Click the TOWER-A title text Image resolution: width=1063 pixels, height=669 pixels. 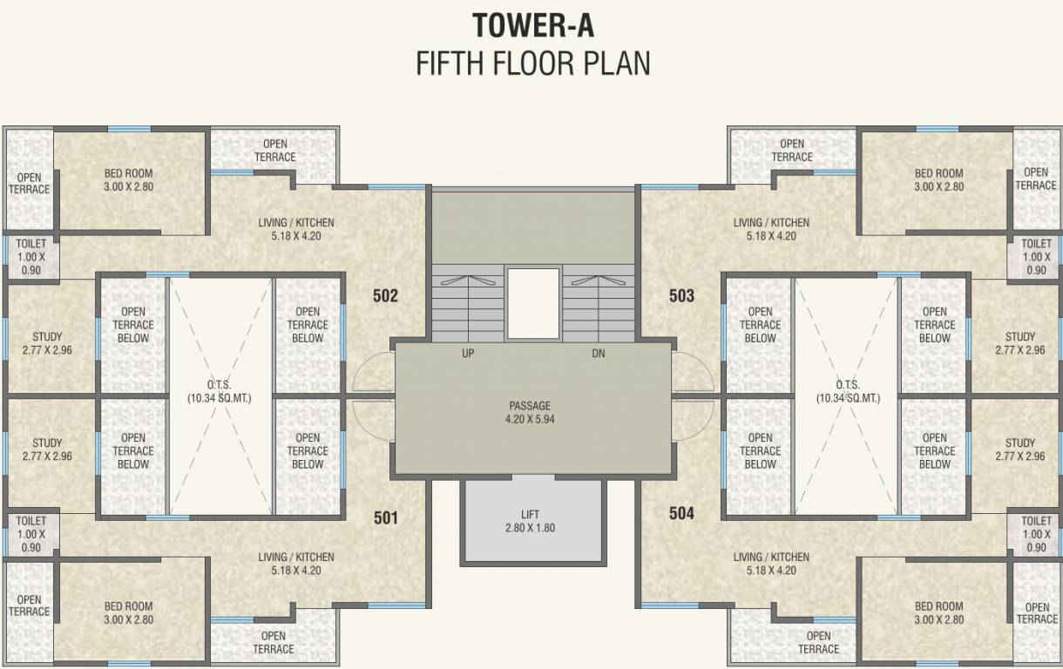pos(532,25)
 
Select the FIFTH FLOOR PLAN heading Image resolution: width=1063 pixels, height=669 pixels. pos(532,64)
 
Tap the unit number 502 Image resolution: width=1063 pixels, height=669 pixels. pos(385,296)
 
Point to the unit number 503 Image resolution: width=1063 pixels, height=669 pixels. pos(681,296)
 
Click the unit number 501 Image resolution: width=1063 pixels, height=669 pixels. pos(385,517)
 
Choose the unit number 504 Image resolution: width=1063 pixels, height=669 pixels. pos(681,514)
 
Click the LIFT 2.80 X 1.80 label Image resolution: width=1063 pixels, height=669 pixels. pos(530,521)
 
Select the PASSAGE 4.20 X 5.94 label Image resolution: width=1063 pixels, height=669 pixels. pos(530,412)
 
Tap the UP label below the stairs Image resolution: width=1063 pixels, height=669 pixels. pos(469,354)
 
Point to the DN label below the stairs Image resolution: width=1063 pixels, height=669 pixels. pos(598,354)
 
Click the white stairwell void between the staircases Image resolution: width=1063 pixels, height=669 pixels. pos(532,303)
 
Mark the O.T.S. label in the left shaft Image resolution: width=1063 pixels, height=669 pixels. pos(219,391)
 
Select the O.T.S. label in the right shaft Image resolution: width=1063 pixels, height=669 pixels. pos(847,391)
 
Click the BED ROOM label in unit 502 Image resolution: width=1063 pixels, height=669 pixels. pos(128,179)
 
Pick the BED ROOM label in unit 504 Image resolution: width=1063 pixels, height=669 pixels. pos(938,612)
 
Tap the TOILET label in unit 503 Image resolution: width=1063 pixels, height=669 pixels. pos(1036,257)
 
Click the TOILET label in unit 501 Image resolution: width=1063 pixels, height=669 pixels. pos(30,534)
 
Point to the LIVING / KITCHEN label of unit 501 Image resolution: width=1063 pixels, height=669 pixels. pos(296,564)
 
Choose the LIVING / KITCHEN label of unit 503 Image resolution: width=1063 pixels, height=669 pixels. pos(771,229)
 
